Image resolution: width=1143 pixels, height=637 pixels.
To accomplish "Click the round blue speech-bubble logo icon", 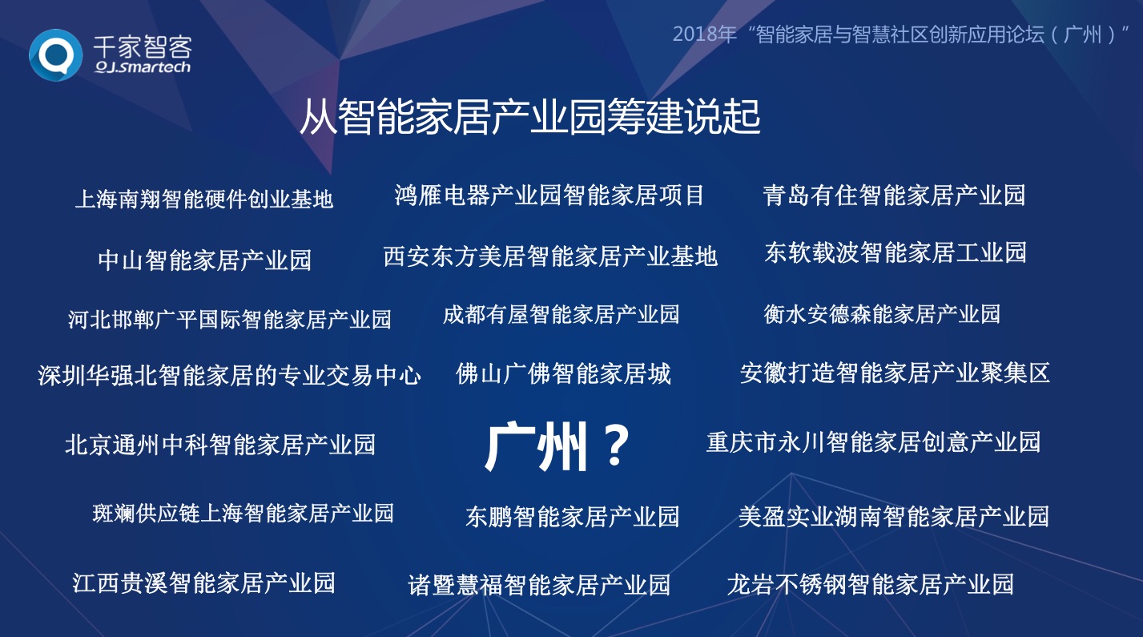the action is point(55,55).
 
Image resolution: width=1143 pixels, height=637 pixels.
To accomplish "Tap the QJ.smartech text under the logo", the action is point(143,67).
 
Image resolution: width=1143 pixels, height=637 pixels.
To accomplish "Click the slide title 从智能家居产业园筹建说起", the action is point(529,117).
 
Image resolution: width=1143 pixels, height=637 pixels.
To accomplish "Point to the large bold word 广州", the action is point(535,446).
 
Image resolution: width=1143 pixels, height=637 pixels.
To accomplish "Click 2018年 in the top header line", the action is point(705,34).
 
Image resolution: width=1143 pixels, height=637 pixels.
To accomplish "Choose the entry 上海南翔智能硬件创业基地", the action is point(204,199).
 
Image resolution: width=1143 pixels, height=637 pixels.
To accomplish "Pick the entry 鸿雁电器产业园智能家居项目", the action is point(549,196).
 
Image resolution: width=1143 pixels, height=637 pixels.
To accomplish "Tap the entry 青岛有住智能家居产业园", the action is point(894,196).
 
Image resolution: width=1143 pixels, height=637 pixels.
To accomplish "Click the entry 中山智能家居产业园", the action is point(204,260).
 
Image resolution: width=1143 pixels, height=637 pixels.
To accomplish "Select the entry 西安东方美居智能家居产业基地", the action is point(550,256).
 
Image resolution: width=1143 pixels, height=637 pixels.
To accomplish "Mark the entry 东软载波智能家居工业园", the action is point(895,252).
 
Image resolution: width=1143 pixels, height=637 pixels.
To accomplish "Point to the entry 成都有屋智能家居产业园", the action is point(561,314).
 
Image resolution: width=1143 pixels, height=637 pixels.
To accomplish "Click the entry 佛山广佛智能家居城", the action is point(563,373).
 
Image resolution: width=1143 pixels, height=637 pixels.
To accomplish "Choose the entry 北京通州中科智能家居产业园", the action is point(220,445).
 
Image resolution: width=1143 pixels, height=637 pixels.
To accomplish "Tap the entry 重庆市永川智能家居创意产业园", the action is point(873,442).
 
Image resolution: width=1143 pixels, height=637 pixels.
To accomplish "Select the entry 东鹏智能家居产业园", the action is point(572,517).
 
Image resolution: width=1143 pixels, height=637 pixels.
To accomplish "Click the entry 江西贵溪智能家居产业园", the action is point(203,583).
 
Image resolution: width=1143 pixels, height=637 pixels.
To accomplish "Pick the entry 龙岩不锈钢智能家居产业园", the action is point(870,584).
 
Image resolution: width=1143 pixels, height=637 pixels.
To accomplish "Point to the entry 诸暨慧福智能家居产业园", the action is point(539,585).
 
